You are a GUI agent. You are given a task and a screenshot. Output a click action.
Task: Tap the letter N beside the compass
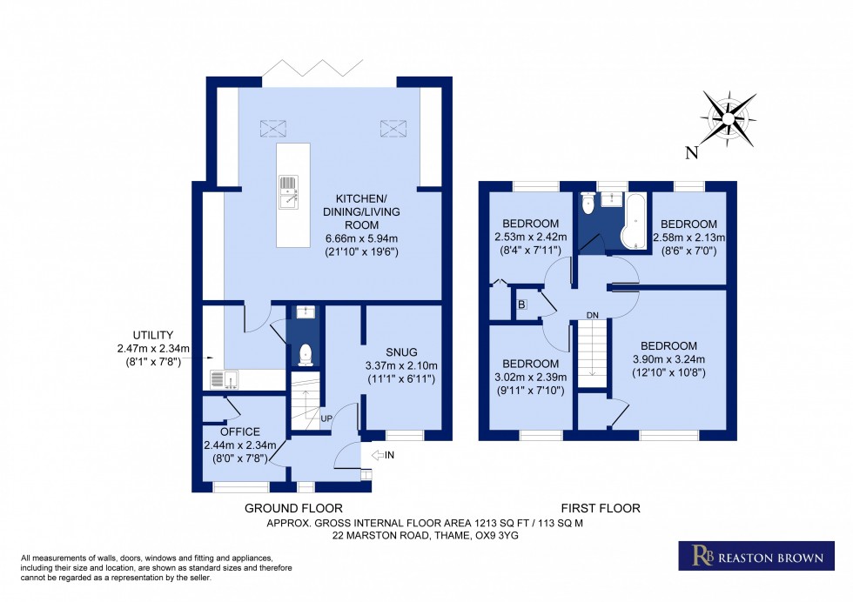click(692, 154)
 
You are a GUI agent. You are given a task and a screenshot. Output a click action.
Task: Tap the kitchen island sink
click(288, 193)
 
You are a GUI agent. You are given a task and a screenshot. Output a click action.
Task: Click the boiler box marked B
click(521, 304)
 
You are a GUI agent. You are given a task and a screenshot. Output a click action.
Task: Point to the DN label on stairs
click(592, 315)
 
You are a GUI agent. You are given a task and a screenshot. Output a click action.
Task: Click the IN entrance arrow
click(381, 455)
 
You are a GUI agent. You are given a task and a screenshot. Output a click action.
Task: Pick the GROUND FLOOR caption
click(293, 508)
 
